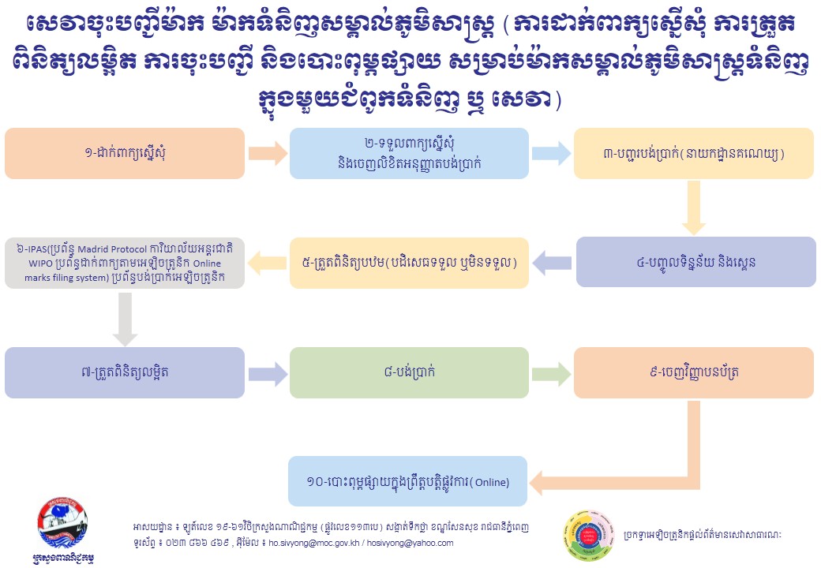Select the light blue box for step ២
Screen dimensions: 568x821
click(x=409, y=153)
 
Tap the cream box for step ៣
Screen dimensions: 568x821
click(x=693, y=153)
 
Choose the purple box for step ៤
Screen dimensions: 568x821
click(x=693, y=262)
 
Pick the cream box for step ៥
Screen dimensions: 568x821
click(x=409, y=262)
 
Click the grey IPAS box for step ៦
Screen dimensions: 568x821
click(x=125, y=262)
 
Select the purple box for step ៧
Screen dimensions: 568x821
click(x=125, y=371)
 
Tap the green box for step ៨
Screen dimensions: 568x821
click(x=409, y=371)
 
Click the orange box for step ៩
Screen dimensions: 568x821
click(x=693, y=371)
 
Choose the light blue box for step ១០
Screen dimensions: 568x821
click(x=409, y=480)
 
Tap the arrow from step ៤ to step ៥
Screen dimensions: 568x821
click(x=553, y=262)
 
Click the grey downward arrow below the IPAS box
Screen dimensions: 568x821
click(x=125, y=317)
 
